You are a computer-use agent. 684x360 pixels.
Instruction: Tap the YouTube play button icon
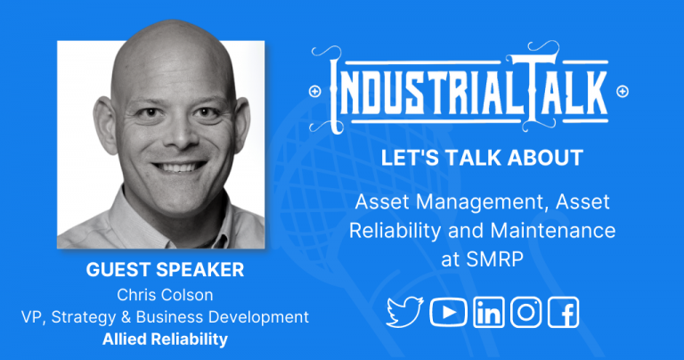[x=448, y=311]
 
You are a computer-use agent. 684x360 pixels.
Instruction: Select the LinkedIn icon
[x=488, y=312]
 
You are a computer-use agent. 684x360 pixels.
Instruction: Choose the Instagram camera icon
[x=526, y=311]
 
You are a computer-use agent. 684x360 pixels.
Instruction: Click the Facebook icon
[x=564, y=312]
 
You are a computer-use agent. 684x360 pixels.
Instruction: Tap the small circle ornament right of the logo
[x=622, y=91]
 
